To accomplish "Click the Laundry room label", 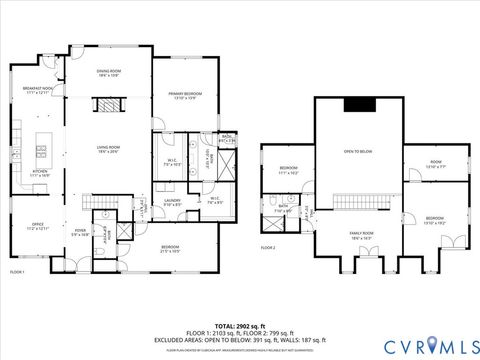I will pos(172,202).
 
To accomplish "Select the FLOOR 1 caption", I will pos(17,271).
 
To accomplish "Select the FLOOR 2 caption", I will pos(268,247).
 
